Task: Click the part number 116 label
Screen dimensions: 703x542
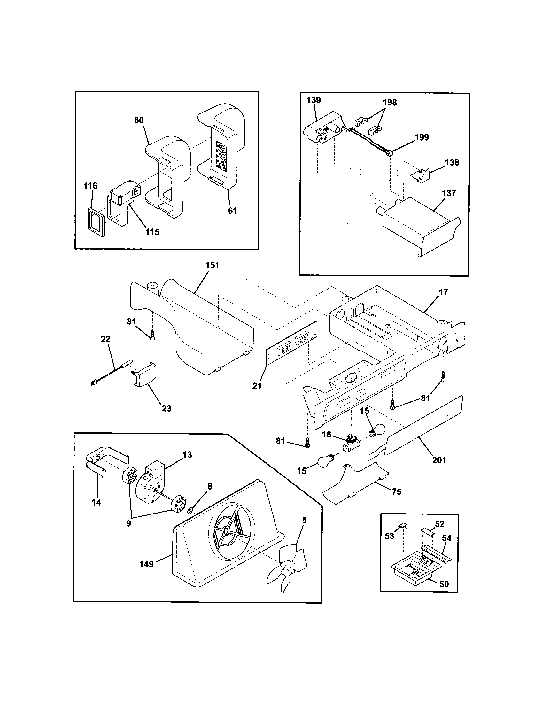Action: pyautogui.click(x=90, y=186)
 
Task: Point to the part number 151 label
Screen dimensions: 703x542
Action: pyautogui.click(x=212, y=265)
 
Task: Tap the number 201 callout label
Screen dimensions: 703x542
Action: pyautogui.click(x=439, y=460)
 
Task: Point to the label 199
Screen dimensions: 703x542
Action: pyautogui.click(x=422, y=137)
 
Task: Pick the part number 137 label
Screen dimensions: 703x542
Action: pyautogui.click(x=449, y=193)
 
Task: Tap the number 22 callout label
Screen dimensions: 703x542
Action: pyautogui.click(x=105, y=339)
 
